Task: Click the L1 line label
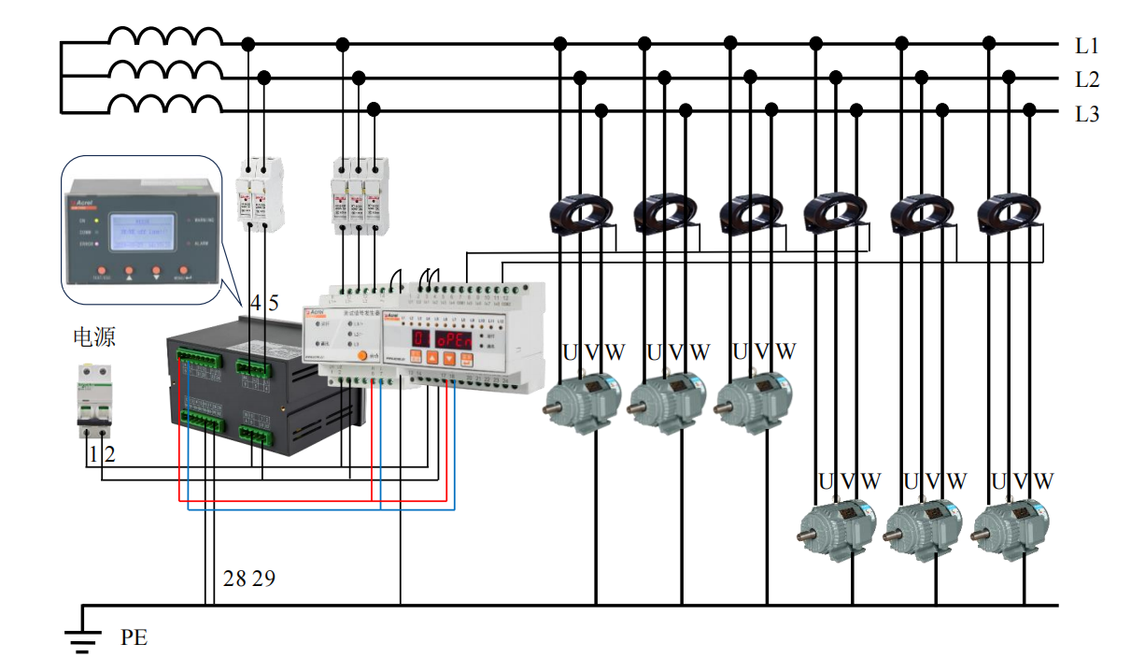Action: [x=1086, y=45]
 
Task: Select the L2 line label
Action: [x=1086, y=79]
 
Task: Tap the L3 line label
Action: [x=1086, y=114]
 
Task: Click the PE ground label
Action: [x=134, y=638]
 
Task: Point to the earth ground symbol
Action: [x=82, y=636]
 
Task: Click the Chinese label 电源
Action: [x=93, y=336]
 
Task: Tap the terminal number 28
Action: [x=234, y=579]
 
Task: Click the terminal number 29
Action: [x=263, y=579]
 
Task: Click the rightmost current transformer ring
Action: [x=1011, y=214]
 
